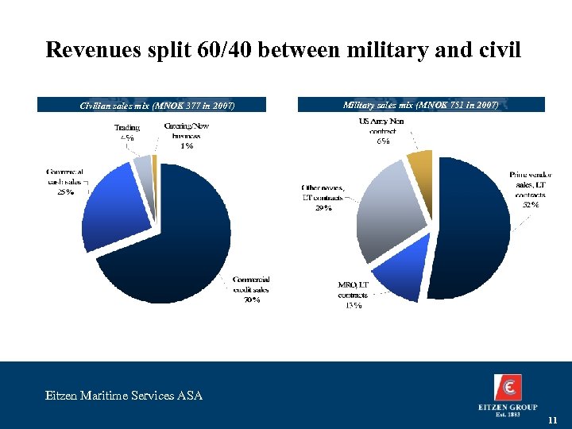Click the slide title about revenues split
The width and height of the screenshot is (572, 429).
coord(284,50)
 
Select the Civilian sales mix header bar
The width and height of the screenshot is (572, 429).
coord(157,105)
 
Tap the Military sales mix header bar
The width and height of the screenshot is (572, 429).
coord(420,104)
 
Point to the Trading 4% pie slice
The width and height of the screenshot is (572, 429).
coord(142,165)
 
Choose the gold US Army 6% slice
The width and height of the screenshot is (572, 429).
coord(419,167)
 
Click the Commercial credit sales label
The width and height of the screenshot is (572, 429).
coord(252,289)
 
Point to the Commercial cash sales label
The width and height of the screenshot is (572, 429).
coord(64,181)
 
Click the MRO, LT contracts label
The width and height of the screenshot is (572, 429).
coord(353,295)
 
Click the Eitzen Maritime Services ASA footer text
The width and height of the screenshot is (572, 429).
coord(123,395)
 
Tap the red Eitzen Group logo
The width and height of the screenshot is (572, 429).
coord(508,387)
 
